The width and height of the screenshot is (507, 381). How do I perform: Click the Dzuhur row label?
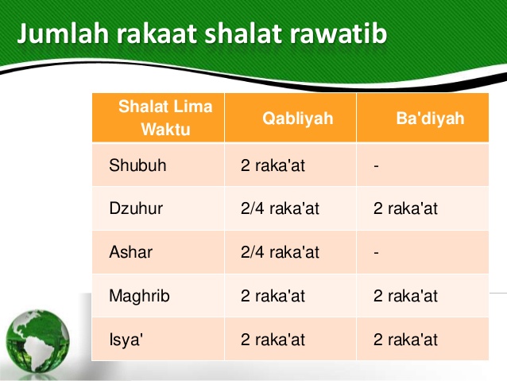(136, 209)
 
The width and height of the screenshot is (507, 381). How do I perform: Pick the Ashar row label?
(130, 252)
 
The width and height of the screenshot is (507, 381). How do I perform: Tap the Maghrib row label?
(139, 297)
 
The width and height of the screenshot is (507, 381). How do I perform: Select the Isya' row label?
(126, 340)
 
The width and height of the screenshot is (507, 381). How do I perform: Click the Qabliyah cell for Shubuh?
(273, 166)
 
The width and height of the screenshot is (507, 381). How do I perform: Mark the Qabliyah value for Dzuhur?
(280, 209)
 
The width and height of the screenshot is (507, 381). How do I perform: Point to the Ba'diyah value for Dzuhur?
(405, 209)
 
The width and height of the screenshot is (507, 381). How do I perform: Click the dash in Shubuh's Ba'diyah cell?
(376, 167)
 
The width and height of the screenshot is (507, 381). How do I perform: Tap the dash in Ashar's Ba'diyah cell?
(376, 253)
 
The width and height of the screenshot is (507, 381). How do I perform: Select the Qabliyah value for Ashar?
(280, 252)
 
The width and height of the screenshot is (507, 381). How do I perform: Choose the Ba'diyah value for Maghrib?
(405, 296)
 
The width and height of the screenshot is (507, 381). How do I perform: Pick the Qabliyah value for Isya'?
(273, 340)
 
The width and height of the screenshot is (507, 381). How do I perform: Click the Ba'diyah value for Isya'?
(405, 340)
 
